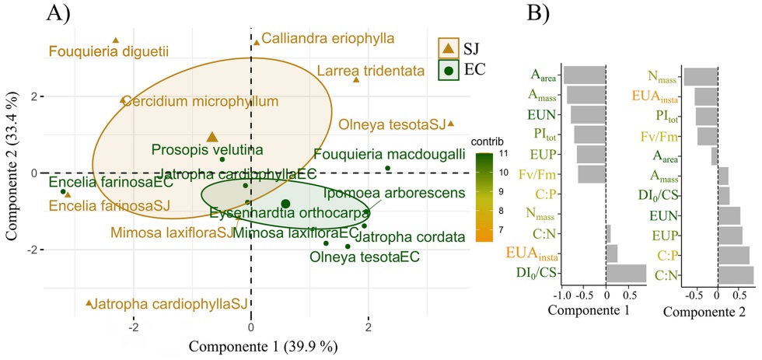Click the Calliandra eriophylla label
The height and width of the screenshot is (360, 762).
327,37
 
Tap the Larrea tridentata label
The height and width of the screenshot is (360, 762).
371,71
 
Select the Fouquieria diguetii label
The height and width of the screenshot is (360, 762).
109,52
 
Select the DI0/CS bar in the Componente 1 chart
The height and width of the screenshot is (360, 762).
626,274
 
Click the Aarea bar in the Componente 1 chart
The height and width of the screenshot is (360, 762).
585,75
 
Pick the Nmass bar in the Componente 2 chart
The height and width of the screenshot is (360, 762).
701,76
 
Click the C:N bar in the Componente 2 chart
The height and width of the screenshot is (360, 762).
736,274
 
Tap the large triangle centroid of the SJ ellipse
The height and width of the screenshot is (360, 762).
212,137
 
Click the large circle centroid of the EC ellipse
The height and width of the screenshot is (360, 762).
285,204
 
